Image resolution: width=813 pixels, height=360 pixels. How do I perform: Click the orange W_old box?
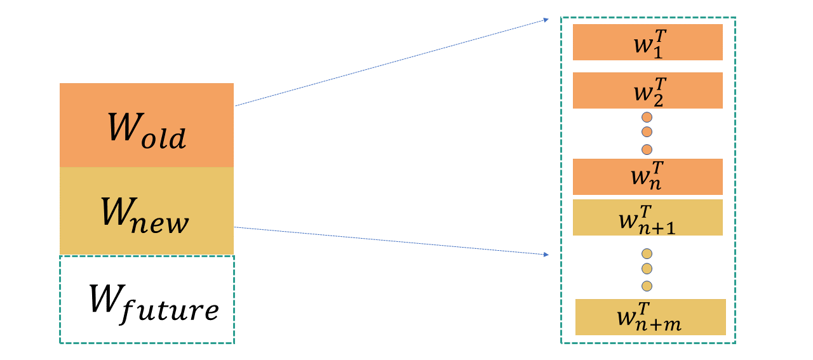click(x=147, y=125)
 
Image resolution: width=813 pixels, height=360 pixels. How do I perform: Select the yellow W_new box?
click(x=147, y=211)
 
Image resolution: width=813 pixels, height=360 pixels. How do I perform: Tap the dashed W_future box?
click(x=147, y=300)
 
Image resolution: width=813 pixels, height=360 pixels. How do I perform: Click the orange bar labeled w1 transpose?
click(x=648, y=42)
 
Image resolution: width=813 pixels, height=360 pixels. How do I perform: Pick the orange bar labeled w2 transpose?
click(x=648, y=90)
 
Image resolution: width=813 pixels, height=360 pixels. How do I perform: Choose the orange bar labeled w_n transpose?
click(x=648, y=177)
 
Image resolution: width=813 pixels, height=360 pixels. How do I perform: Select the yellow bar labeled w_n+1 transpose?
click(x=648, y=217)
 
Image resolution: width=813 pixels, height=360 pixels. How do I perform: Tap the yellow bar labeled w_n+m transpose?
click(x=650, y=317)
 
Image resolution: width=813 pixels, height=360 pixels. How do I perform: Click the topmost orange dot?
click(x=647, y=117)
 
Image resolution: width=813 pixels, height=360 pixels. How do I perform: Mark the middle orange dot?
click(x=647, y=132)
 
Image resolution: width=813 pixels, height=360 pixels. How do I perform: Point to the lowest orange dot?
click(x=647, y=149)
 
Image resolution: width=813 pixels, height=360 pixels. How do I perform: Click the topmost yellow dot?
click(x=647, y=253)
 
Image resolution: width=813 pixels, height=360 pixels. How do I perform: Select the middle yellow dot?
click(x=647, y=268)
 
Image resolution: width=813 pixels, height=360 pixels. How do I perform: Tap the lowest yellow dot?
click(x=647, y=285)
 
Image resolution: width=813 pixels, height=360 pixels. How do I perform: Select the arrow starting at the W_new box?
click(x=391, y=241)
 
